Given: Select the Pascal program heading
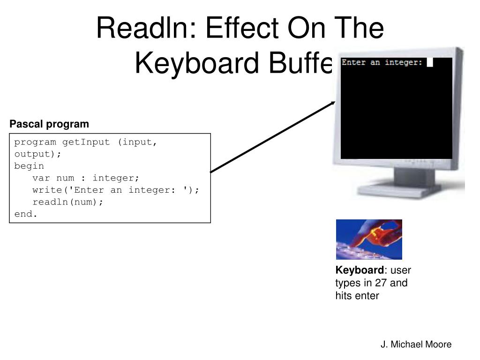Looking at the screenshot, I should pyautogui.click(x=49, y=124).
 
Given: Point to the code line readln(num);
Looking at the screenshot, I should pyautogui.click(x=67, y=202).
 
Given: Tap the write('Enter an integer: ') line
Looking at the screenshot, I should pyautogui.click(x=115, y=190).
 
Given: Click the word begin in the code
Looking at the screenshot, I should pyautogui.click(x=29, y=166).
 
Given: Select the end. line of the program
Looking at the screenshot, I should pyautogui.click(x=25, y=214).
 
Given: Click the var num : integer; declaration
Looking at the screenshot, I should pyautogui.click(x=86, y=178).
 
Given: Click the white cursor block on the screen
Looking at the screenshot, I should pyautogui.click(x=429, y=62).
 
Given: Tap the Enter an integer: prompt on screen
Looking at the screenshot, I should pyautogui.click(x=382, y=62).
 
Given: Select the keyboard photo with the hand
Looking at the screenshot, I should pyautogui.click(x=369, y=239).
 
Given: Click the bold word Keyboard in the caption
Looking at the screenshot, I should pyautogui.click(x=359, y=270).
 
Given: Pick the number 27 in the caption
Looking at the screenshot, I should pyautogui.click(x=381, y=283).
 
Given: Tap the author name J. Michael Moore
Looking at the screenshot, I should pyautogui.click(x=416, y=345).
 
